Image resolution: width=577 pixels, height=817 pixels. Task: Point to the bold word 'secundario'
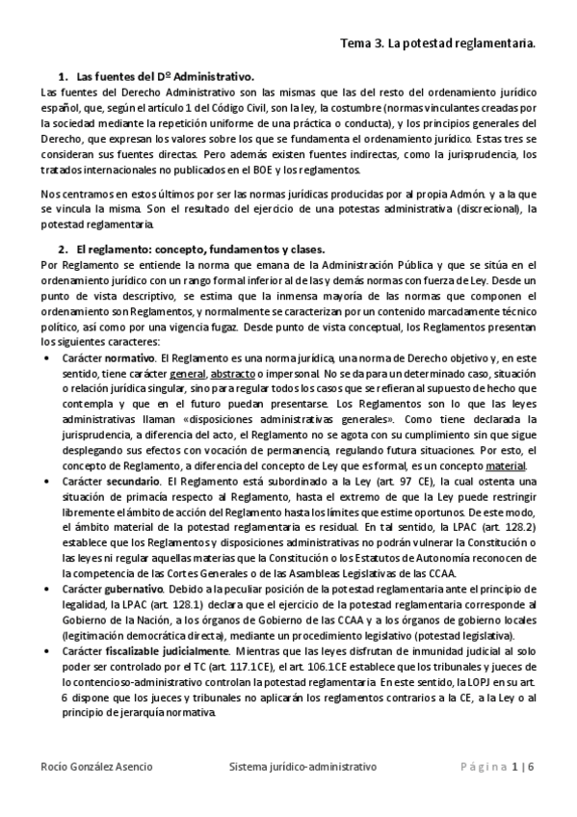[x=133, y=479]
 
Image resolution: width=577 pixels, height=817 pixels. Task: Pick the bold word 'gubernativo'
[x=139, y=587]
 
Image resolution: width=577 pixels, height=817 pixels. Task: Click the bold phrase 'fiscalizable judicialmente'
[x=169, y=651]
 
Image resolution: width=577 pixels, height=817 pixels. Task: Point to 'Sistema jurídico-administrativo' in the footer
[x=302, y=767]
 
